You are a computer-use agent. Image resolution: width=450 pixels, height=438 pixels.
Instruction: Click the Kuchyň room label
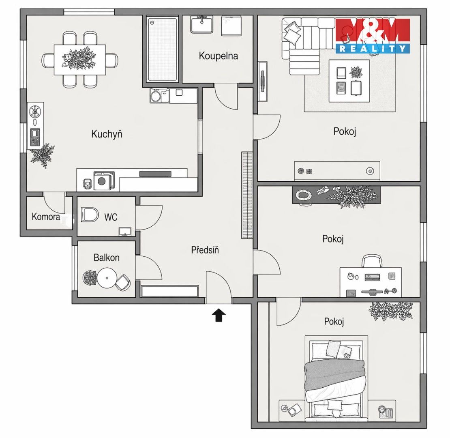107,134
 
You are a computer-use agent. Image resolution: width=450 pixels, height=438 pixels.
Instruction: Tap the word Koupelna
219,56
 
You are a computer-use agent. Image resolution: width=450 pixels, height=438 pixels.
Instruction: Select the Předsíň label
205,250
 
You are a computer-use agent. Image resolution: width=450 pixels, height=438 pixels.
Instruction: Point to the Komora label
46,217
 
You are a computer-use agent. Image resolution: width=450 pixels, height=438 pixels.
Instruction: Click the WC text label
111,217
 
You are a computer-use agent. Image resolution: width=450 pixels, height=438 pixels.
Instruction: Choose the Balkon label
107,258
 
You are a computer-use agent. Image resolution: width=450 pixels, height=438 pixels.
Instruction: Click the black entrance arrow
219,315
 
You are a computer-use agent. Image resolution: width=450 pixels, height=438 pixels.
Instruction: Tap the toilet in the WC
90,215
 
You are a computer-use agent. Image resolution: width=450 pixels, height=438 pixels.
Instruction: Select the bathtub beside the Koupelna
162,49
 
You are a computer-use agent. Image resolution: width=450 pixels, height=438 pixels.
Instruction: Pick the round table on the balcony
107,278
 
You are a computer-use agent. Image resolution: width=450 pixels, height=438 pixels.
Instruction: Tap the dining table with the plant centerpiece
80,60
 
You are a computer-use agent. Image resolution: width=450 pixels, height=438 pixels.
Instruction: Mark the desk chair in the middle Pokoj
372,261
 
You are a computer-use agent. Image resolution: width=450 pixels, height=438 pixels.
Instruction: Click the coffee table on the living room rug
349,81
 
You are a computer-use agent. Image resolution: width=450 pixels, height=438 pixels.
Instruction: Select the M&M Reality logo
373,36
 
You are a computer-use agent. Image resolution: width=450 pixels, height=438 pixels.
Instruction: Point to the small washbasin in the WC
125,231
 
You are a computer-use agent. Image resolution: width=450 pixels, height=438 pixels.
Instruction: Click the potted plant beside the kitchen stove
43,155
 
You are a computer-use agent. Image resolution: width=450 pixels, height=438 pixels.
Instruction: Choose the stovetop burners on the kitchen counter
35,137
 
